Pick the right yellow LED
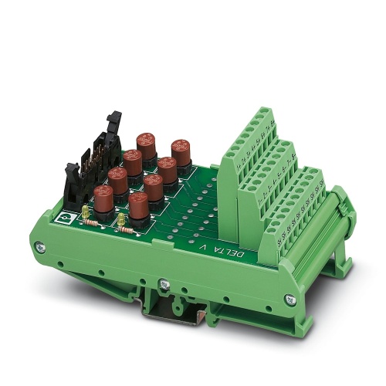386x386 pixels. pyautogui.click(x=121, y=220)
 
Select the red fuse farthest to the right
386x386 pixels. pyautogui.click(x=181, y=150)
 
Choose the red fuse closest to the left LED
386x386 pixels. pyautogui.click(x=103, y=196)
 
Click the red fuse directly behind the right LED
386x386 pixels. pyautogui.click(x=138, y=207)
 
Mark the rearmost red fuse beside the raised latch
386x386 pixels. pyautogui.click(x=146, y=144)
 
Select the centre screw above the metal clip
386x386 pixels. pyautogui.click(x=164, y=283)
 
